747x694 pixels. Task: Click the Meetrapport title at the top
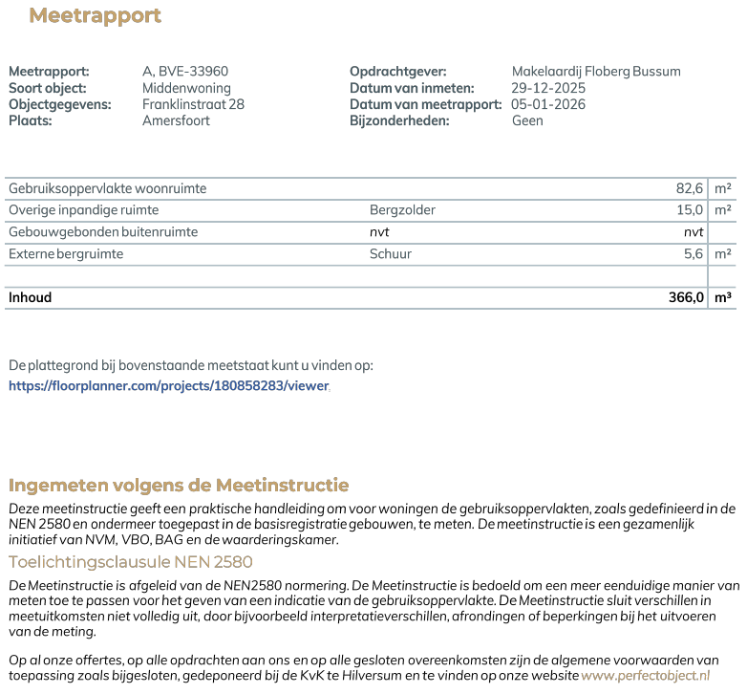point(95,16)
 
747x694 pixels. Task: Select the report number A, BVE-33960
point(185,72)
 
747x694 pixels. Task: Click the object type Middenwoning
point(186,88)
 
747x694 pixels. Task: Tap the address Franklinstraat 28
point(193,104)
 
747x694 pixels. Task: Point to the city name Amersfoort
point(176,120)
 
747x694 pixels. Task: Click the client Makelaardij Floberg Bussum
point(596,72)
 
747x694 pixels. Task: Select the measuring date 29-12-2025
point(548,88)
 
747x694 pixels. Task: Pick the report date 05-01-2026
point(548,104)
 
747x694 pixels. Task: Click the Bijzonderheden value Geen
point(527,120)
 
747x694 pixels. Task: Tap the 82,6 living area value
point(690,188)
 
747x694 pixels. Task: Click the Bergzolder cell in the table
point(402,209)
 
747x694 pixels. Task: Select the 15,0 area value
point(690,209)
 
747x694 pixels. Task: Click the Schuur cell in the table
point(391,254)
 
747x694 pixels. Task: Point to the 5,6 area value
point(694,254)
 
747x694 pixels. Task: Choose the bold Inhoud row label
point(30,297)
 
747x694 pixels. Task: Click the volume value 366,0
point(686,297)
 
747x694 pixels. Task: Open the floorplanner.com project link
point(168,386)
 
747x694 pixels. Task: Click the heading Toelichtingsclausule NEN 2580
point(130,562)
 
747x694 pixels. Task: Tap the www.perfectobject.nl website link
point(646,676)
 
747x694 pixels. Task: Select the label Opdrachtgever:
point(397,72)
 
